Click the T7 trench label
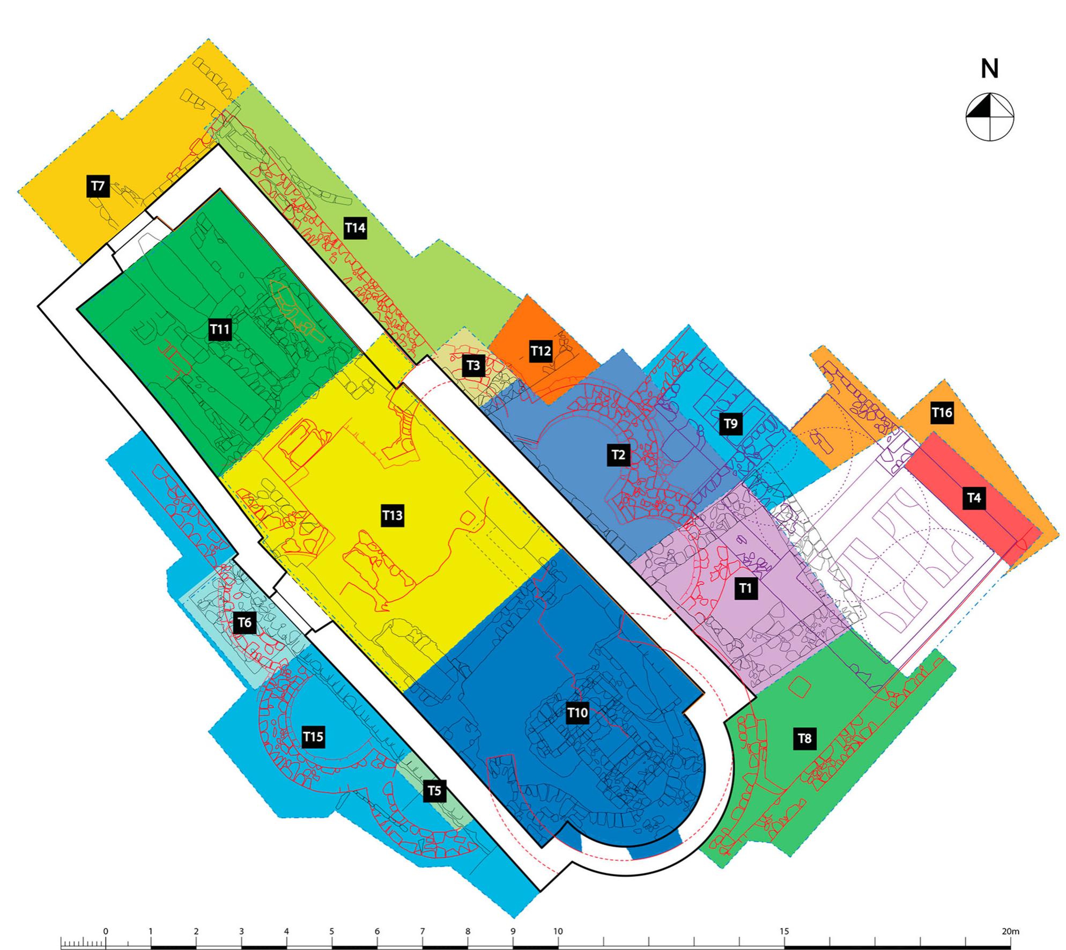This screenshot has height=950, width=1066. point(98,187)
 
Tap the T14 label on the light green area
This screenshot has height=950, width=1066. point(355,228)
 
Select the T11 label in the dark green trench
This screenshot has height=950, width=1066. point(220,329)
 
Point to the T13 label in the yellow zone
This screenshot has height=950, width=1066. point(393,515)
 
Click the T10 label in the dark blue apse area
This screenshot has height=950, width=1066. point(578,713)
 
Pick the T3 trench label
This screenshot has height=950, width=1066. point(473,365)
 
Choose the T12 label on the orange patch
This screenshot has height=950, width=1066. point(541,351)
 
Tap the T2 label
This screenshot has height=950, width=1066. point(618,455)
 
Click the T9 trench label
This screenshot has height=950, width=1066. point(731,424)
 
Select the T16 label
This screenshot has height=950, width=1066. point(942,413)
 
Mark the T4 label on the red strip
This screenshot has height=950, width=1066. point(974,498)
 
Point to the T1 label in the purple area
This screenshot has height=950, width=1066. point(745,588)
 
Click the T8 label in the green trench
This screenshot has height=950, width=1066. point(804,739)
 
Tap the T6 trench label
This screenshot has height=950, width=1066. point(245,623)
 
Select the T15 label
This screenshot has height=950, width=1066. point(313,737)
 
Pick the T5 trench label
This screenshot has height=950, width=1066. point(434,791)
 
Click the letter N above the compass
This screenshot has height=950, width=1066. point(990,69)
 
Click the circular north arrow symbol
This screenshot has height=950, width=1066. point(990,117)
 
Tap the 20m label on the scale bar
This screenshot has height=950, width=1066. point(1010,931)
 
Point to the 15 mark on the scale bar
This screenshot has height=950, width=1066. point(784,931)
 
